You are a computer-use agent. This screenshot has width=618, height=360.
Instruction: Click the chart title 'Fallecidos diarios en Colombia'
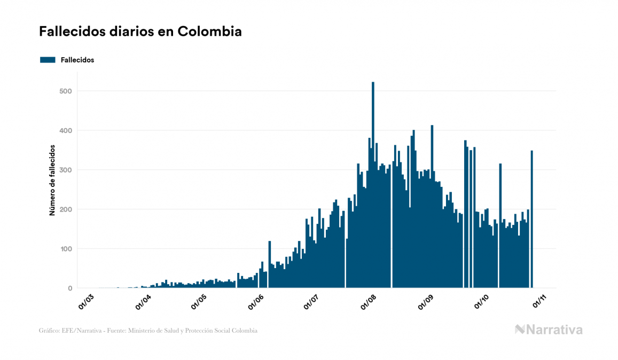click(x=140, y=32)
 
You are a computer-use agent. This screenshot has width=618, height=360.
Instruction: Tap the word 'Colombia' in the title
click(x=209, y=32)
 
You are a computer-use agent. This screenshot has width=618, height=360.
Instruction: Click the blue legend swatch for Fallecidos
click(x=48, y=60)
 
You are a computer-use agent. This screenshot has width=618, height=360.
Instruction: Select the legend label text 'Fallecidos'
click(x=77, y=60)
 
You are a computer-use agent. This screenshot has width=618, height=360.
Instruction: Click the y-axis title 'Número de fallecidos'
click(x=52, y=179)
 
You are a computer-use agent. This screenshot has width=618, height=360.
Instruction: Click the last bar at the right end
click(x=531, y=219)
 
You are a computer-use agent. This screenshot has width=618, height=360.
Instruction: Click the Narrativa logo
click(x=549, y=330)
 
